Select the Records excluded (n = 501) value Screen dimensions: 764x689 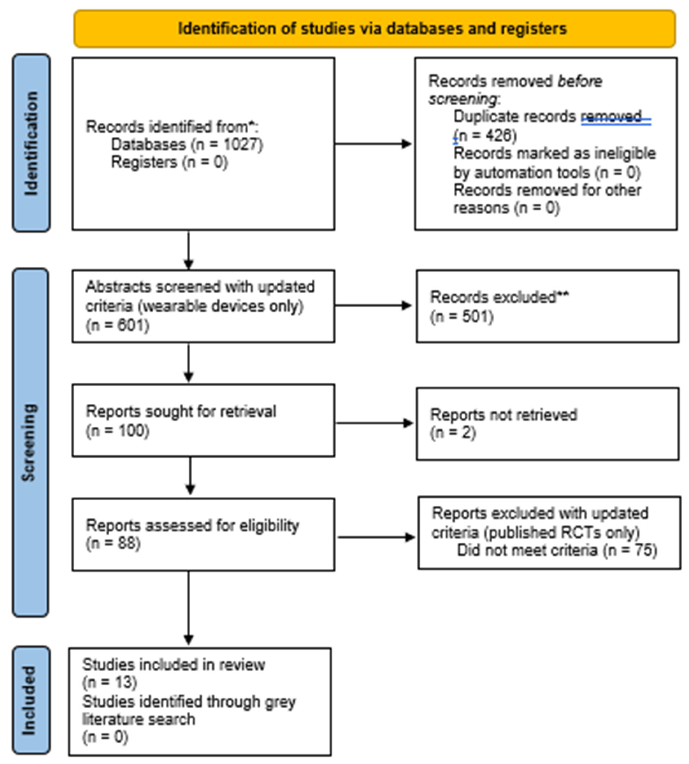click(x=462, y=316)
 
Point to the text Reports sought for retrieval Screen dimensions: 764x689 click(x=181, y=411)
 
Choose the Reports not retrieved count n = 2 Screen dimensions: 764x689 click(x=453, y=433)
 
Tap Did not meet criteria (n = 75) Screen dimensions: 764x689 click(x=556, y=550)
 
